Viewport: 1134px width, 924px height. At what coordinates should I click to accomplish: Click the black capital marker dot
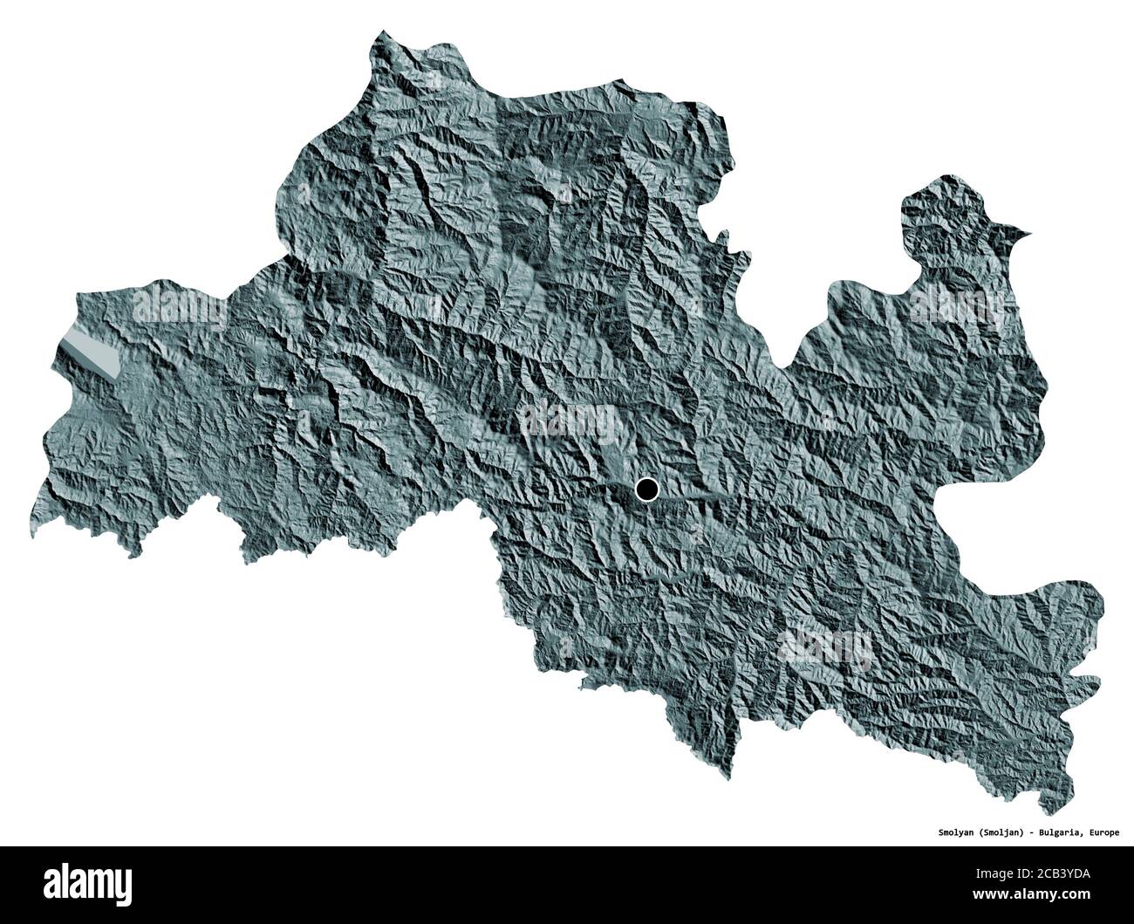point(646,490)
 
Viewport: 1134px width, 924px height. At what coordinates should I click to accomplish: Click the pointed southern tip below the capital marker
point(731,772)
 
